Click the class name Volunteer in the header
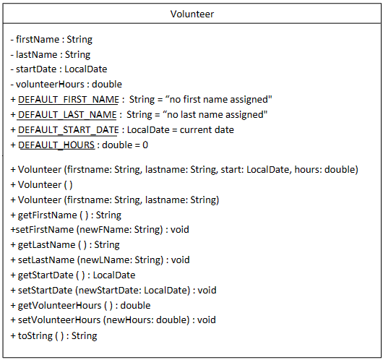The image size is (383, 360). click(191, 14)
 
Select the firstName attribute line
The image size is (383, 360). click(51, 39)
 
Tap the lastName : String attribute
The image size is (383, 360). click(50, 54)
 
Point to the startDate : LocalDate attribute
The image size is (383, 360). click(58, 69)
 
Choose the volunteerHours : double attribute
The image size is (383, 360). click(66, 85)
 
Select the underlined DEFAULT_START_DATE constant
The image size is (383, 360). click(69, 129)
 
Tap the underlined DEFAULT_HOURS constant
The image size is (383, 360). click(56, 145)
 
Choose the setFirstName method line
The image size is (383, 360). click(99, 229)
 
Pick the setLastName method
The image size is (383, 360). click(100, 260)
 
